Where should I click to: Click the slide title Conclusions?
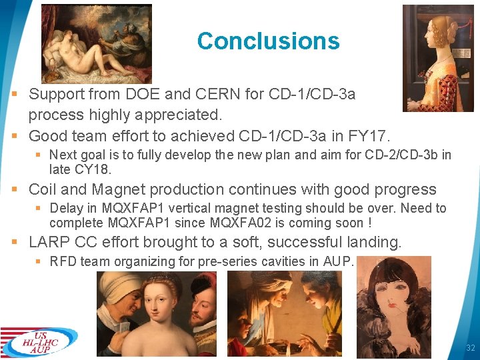click(x=268, y=41)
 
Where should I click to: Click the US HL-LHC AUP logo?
click(x=39, y=341)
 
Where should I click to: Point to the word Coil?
click(x=43, y=190)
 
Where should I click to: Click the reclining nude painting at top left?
click(x=96, y=43)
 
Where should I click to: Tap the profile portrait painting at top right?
click(x=437, y=58)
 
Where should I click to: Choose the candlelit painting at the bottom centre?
click(x=285, y=304)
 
